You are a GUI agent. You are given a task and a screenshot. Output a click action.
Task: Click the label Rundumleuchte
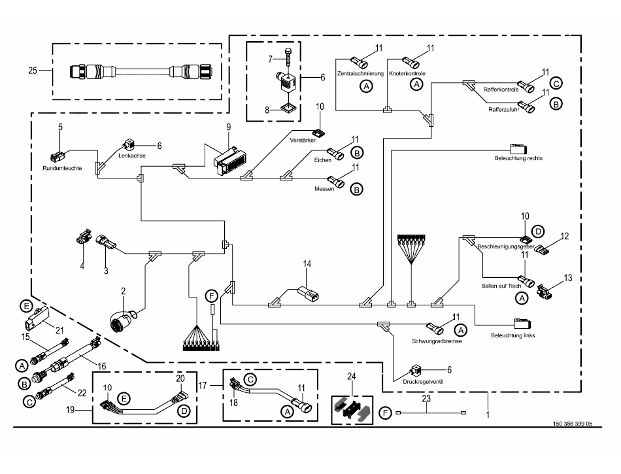tap(62, 168)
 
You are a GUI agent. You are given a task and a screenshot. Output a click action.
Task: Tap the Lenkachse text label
tap(132, 156)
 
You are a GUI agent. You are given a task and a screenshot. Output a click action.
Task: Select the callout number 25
tap(33, 71)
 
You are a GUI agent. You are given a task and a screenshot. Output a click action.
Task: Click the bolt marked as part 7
tap(288, 59)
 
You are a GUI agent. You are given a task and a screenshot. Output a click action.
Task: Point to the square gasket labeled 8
tap(288, 108)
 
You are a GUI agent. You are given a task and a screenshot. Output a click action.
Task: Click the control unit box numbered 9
tap(228, 161)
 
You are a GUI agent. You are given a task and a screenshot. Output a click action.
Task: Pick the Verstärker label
tap(303, 140)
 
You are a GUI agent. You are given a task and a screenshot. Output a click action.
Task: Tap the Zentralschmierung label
tap(360, 74)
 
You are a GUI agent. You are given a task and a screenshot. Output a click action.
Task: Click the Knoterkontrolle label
tap(407, 74)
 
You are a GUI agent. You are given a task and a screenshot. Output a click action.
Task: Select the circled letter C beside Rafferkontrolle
tap(556, 84)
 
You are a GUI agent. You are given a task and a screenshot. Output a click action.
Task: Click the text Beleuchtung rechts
tap(518, 158)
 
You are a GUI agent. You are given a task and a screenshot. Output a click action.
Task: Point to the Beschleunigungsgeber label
tap(506, 246)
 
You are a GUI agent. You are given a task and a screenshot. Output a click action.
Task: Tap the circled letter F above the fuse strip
tap(212, 296)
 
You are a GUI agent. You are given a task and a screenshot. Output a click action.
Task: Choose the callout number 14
tap(307, 263)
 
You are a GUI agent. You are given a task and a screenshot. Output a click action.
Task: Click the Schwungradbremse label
tap(437, 341)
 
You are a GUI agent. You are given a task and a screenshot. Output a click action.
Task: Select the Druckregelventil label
tap(423, 382)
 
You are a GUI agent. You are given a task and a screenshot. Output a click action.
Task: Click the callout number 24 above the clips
tap(351, 376)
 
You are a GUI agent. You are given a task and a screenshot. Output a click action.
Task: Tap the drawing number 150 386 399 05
tap(572, 424)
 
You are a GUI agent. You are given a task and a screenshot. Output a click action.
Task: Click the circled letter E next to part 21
tap(26, 306)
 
